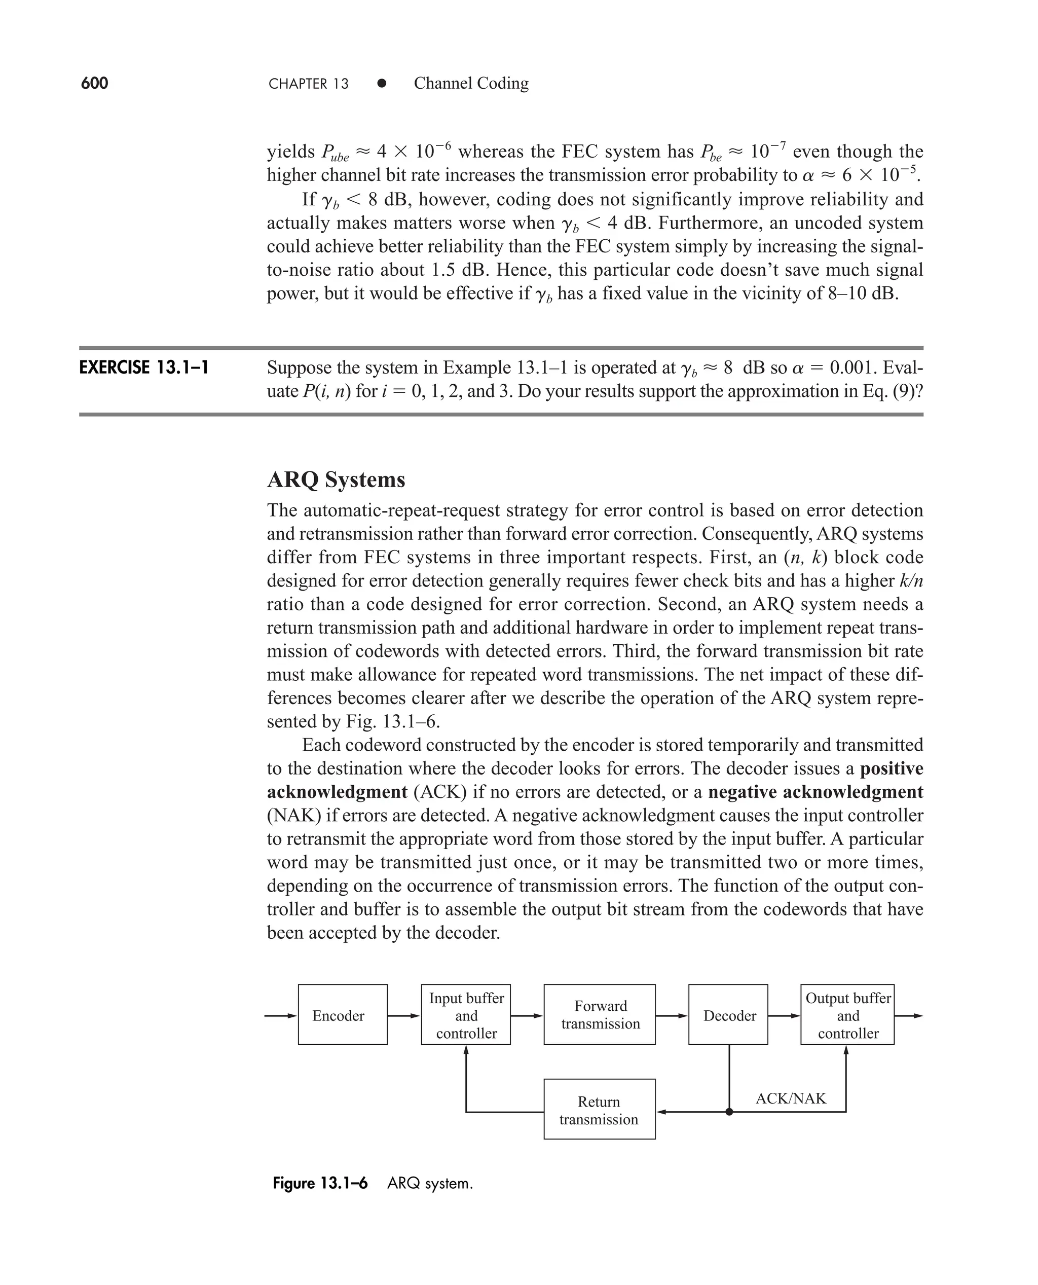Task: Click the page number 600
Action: click(x=94, y=83)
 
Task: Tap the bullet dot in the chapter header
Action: click(x=382, y=84)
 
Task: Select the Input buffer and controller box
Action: click(x=466, y=1015)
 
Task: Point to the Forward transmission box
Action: click(x=599, y=1015)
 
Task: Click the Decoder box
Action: click(x=728, y=1015)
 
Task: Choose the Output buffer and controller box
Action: click(x=847, y=1015)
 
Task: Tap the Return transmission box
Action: click(x=599, y=1111)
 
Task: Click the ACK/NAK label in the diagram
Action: click(x=791, y=1098)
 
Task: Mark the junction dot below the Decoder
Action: click(x=729, y=1112)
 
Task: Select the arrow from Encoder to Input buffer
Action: click(x=404, y=1015)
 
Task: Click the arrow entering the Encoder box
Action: click(x=281, y=1015)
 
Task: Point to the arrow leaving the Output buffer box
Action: click(x=909, y=1015)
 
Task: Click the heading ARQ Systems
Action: click(x=336, y=480)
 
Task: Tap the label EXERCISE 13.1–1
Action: click(x=143, y=367)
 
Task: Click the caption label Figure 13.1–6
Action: click(x=320, y=1183)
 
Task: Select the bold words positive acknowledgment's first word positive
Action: click(x=891, y=768)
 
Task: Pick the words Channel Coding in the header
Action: click(x=471, y=83)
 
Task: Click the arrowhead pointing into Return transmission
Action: click(x=662, y=1112)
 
